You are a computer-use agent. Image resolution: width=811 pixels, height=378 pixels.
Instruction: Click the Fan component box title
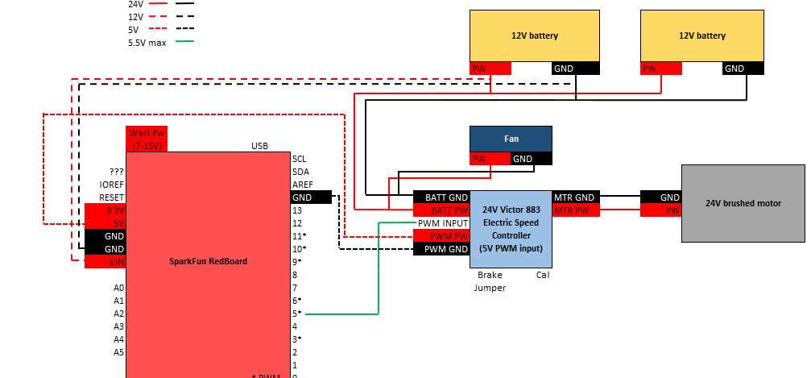pyautogui.click(x=511, y=139)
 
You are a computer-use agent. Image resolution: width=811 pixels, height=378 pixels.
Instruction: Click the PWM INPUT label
pyautogui.click(x=442, y=223)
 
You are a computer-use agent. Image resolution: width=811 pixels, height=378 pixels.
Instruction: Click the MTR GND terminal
pyautogui.click(x=574, y=197)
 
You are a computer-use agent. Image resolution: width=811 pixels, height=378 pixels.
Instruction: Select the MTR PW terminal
pyautogui.click(x=574, y=210)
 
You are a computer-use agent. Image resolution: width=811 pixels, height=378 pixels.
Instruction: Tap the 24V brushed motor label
pyautogui.click(x=743, y=204)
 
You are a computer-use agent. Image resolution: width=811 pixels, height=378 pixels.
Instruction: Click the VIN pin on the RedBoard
pyautogui.click(x=106, y=262)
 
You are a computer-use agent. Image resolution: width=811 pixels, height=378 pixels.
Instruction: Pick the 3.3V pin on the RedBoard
pyautogui.click(x=106, y=210)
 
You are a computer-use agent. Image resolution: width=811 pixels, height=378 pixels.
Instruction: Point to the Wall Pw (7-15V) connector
pyautogui.click(x=146, y=139)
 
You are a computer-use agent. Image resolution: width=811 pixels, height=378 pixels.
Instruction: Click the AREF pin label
pyautogui.click(x=302, y=185)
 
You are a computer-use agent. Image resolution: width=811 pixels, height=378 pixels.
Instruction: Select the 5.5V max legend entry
pyautogui.click(x=147, y=43)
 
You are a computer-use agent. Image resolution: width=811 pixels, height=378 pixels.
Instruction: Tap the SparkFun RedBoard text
pyautogui.click(x=208, y=261)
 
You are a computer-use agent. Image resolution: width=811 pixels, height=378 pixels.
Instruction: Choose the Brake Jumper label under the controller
pyautogui.click(x=490, y=280)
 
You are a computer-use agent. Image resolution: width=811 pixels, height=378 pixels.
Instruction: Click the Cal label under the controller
pyautogui.click(x=543, y=275)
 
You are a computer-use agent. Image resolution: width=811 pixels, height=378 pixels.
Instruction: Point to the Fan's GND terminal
pyautogui.click(x=523, y=159)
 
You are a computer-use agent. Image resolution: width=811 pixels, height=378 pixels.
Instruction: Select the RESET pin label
pyautogui.click(x=112, y=197)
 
